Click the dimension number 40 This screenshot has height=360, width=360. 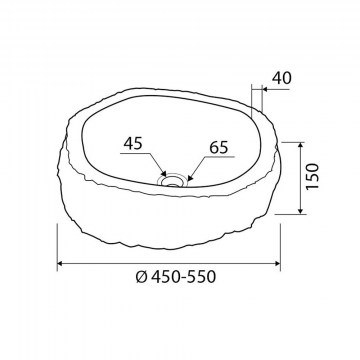282,78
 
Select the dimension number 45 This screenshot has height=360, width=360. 133,143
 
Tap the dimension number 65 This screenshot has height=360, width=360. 219,147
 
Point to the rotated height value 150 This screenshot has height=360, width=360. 312,176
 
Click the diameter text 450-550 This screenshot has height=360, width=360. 183,277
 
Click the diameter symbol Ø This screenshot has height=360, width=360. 142,277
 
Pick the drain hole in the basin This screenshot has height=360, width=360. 172,180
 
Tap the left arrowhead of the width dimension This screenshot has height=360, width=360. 60,263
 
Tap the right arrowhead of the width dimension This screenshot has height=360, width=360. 277,263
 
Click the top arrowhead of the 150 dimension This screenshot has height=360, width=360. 301,145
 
